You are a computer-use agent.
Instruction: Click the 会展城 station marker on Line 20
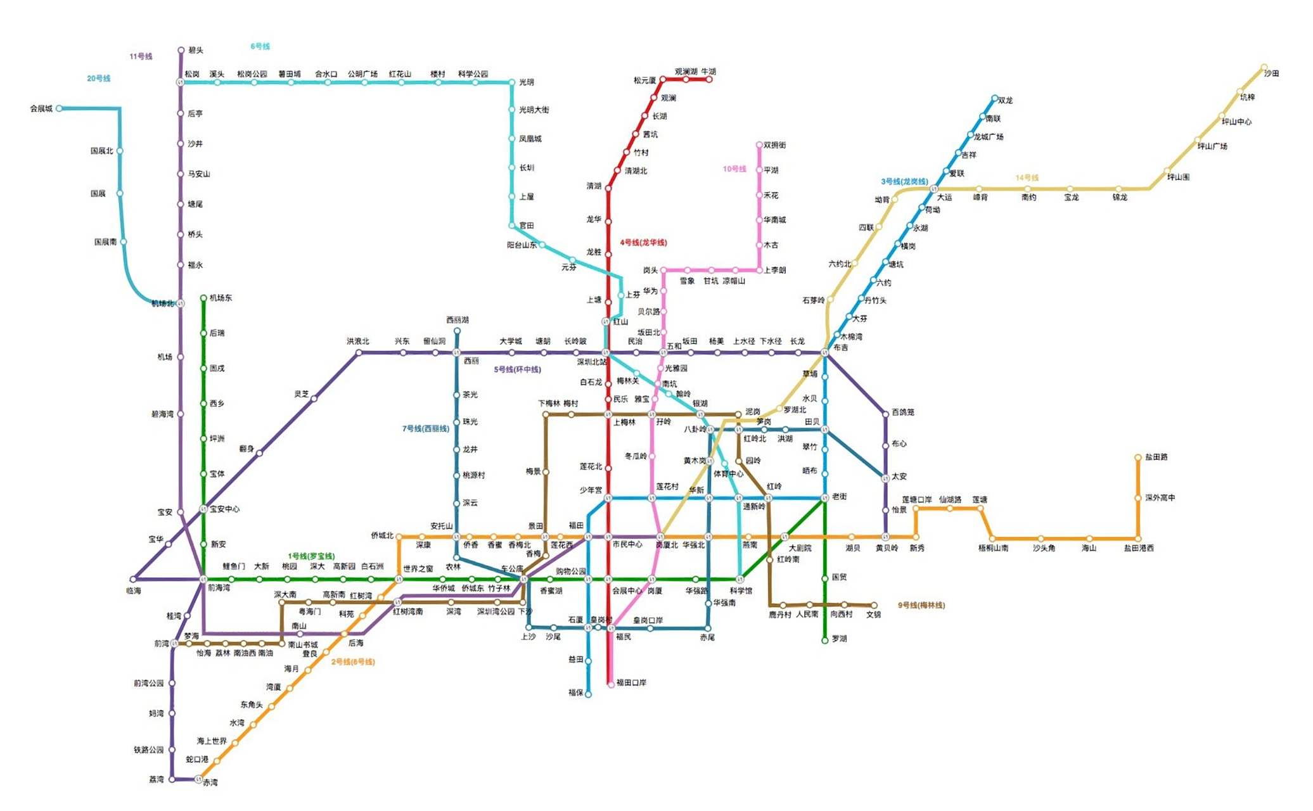tap(59, 108)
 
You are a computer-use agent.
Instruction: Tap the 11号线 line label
tap(141, 56)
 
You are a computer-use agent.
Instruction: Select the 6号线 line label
tap(260, 46)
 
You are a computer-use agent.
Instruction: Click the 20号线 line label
tap(98, 79)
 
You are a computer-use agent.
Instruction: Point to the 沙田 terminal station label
tap(1271, 73)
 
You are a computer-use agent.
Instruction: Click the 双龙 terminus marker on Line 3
tap(994, 98)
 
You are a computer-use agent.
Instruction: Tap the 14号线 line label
tap(1027, 177)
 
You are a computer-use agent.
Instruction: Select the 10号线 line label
tap(734, 169)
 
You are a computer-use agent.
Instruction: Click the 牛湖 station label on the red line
tap(708, 72)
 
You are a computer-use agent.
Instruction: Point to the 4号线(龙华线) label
tap(643, 243)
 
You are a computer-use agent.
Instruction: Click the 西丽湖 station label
tap(457, 320)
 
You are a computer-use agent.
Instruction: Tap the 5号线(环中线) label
tap(517, 369)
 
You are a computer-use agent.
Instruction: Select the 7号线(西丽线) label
tap(425, 429)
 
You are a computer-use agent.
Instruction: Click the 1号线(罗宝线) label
tap(311, 556)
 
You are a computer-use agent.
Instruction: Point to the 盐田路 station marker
tap(1137, 457)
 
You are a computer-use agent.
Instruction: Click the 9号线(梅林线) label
tap(921, 605)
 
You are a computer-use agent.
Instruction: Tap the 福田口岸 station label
tap(631, 682)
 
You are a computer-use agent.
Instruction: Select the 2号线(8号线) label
tap(352, 661)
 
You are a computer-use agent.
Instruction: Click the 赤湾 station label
tap(210, 782)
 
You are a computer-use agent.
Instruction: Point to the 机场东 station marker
tap(203, 298)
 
